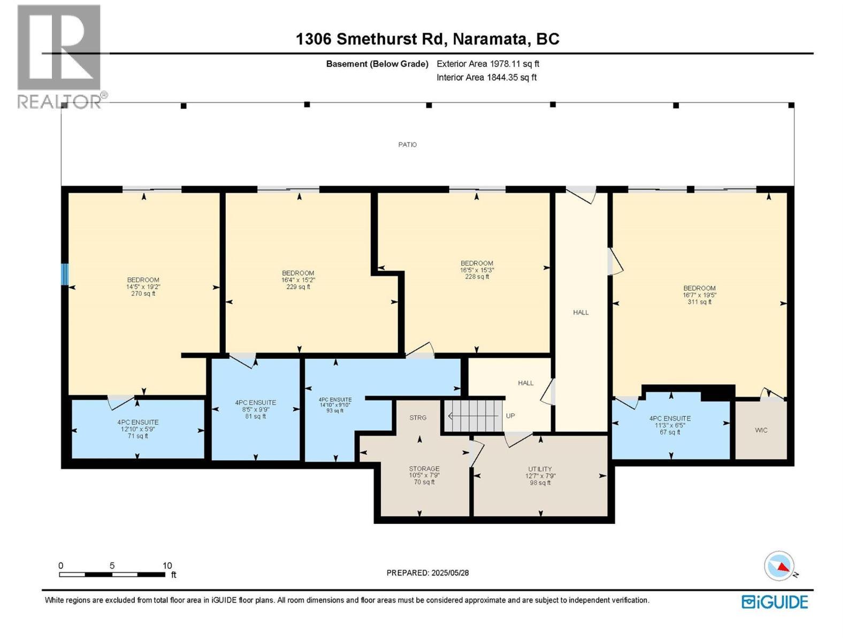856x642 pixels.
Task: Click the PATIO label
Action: pos(407,144)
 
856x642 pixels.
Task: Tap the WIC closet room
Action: pos(761,430)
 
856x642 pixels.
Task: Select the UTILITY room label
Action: pos(540,476)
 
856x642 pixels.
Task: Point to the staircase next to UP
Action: pos(474,416)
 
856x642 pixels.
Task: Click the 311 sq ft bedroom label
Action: pos(699,295)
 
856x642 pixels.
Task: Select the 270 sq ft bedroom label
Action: pos(143,287)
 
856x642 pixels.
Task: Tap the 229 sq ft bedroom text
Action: pos(298,280)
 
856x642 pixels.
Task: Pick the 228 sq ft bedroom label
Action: pos(477,270)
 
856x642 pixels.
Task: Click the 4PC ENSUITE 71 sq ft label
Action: pos(138,429)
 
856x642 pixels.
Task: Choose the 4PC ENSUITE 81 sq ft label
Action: pos(255,409)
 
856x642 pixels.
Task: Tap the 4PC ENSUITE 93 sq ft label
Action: pos(335,405)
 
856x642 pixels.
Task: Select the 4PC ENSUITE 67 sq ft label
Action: pos(670,425)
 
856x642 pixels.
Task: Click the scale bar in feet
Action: pos(112,574)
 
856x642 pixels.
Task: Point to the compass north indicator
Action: pos(779,566)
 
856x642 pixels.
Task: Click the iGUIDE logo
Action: pos(775,602)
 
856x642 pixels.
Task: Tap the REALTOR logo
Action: pos(60,56)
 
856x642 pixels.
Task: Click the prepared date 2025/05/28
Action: pos(427,572)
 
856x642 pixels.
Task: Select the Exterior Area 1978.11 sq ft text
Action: pos(487,64)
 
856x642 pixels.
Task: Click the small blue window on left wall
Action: pos(65,274)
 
